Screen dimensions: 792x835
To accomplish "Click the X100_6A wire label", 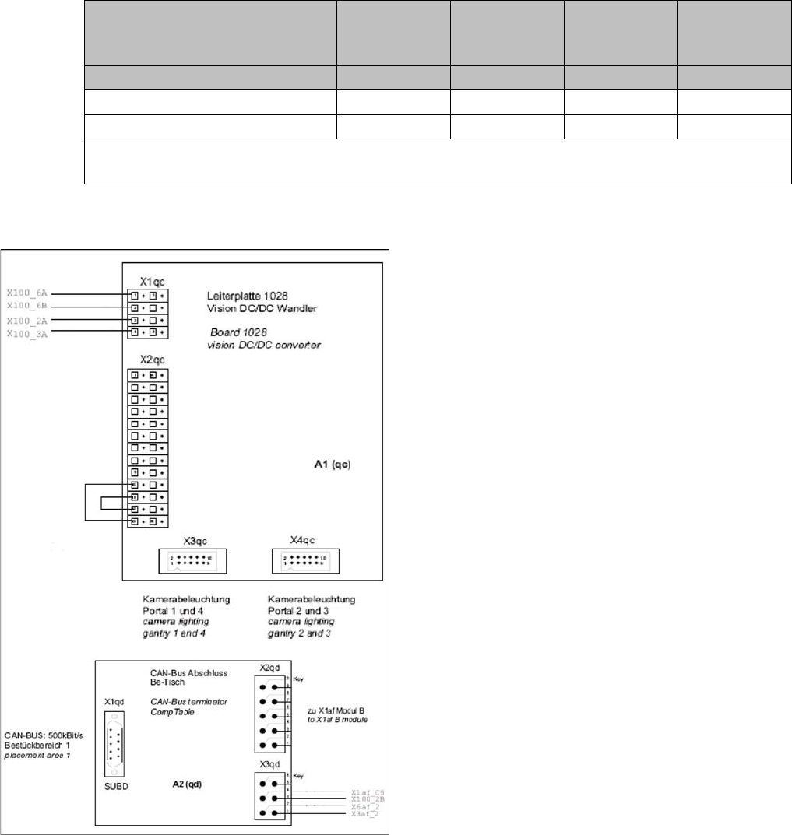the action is coord(27,294).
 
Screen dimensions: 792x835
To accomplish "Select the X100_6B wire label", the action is coord(27,307).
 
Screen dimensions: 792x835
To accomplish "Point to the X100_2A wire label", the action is coord(27,320).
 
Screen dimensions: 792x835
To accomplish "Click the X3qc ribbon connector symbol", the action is coord(192,560).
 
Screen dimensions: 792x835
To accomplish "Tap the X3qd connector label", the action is coord(271,765).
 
